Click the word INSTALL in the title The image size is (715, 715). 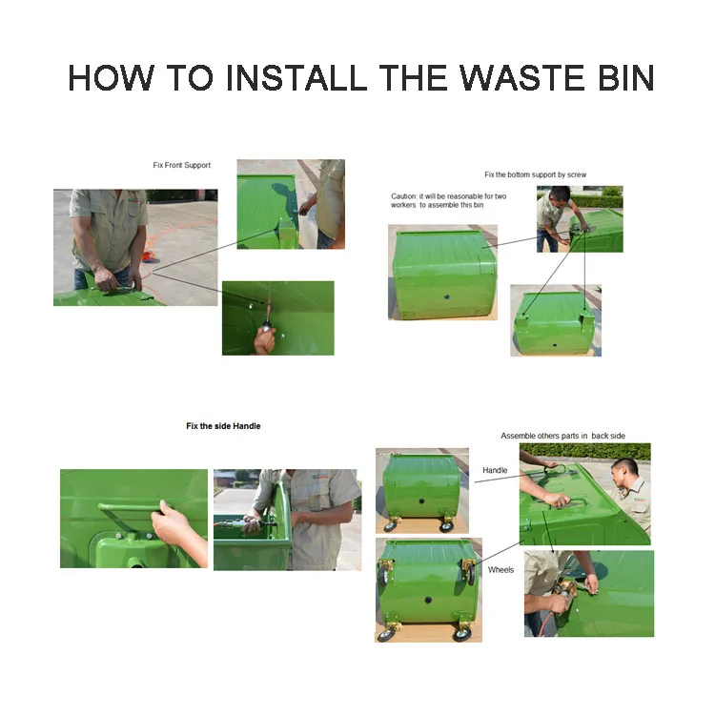click(296, 77)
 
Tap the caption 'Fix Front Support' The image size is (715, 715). click(181, 165)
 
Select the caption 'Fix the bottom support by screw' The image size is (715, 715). click(536, 174)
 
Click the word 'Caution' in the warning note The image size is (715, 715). click(403, 196)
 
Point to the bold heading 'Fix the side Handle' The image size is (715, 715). click(223, 426)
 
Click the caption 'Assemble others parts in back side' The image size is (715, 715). click(562, 436)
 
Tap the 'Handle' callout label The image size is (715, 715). click(495, 470)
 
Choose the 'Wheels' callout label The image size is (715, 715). click(500, 569)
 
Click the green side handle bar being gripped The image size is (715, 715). click(130, 506)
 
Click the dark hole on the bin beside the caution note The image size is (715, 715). click(447, 296)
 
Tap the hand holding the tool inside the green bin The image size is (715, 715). click(265, 338)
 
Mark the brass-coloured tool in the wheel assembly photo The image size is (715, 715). click(564, 591)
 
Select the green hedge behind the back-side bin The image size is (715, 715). click(585, 452)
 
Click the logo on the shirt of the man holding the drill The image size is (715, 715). click(320, 477)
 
